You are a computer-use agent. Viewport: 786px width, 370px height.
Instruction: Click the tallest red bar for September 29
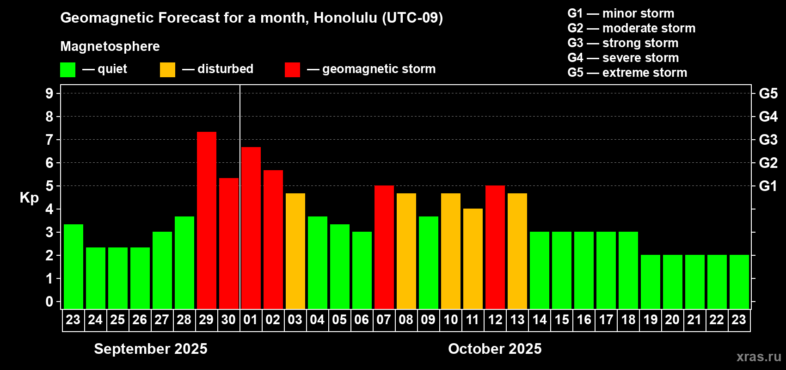[207, 221]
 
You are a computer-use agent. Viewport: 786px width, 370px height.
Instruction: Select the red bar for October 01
[251, 228]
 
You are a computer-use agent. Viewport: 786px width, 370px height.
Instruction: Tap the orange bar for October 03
[295, 251]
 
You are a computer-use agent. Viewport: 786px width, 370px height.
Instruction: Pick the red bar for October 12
[496, 247]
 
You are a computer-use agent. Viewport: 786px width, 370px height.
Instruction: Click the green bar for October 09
[429, 263]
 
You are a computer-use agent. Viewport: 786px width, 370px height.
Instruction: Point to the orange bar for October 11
[473, 259]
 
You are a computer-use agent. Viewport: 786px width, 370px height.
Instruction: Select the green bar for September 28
[184, 263]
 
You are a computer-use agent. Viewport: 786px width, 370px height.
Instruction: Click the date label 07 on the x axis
[384, 320]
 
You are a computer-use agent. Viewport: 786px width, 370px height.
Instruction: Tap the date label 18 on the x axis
[628, 320]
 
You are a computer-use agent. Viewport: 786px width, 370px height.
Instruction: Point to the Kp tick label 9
[49, 93]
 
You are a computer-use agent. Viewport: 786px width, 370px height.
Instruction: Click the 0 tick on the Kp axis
[49, 302]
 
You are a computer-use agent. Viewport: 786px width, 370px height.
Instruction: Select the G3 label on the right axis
[768, 140]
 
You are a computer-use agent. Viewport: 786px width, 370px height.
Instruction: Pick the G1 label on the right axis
[768, 186]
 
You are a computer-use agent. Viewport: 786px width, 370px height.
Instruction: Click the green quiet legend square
[68, 69]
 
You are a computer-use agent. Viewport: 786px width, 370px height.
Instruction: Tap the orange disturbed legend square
[168, 69]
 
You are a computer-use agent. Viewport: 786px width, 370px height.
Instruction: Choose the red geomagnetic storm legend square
[293, 69]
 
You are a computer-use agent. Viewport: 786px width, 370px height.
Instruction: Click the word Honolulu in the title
[345, 18]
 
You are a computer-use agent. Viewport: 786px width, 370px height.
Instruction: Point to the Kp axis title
[29, 198]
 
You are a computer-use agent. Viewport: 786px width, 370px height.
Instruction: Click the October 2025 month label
[495, 349]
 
